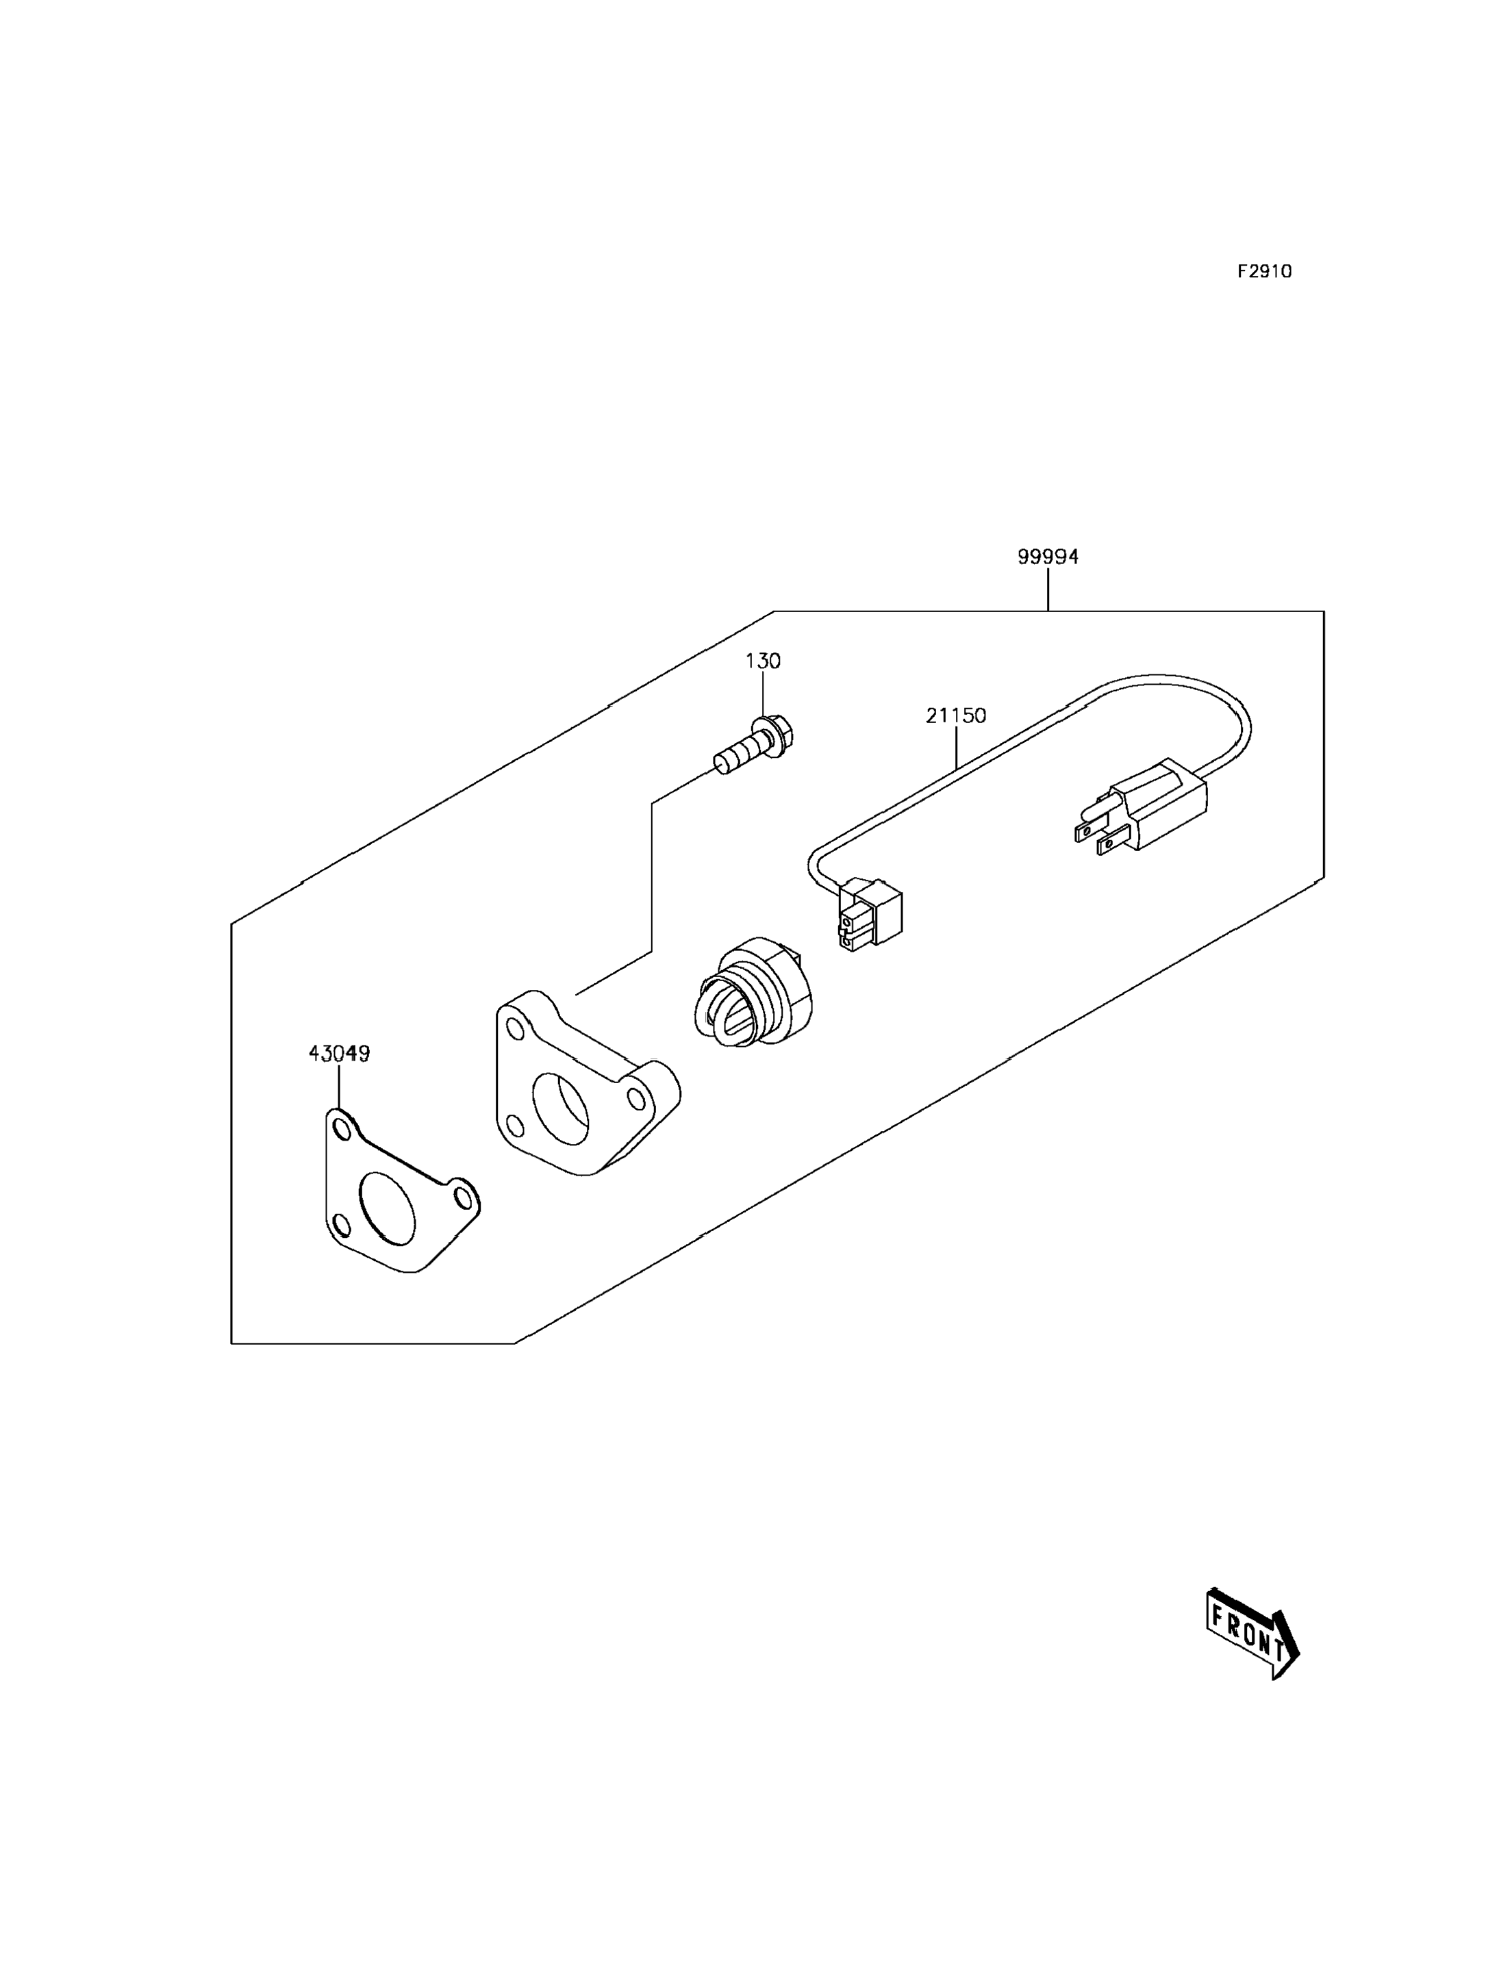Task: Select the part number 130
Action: pos(762,661)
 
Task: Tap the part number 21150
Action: pos(956,715)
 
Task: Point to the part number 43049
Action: pos(339,1053)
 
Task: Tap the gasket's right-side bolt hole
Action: pos(463,1197)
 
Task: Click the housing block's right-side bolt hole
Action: pos(635,1099)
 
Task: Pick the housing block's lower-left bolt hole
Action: pos(515,1126)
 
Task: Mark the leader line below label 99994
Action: pos(1048,589)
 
